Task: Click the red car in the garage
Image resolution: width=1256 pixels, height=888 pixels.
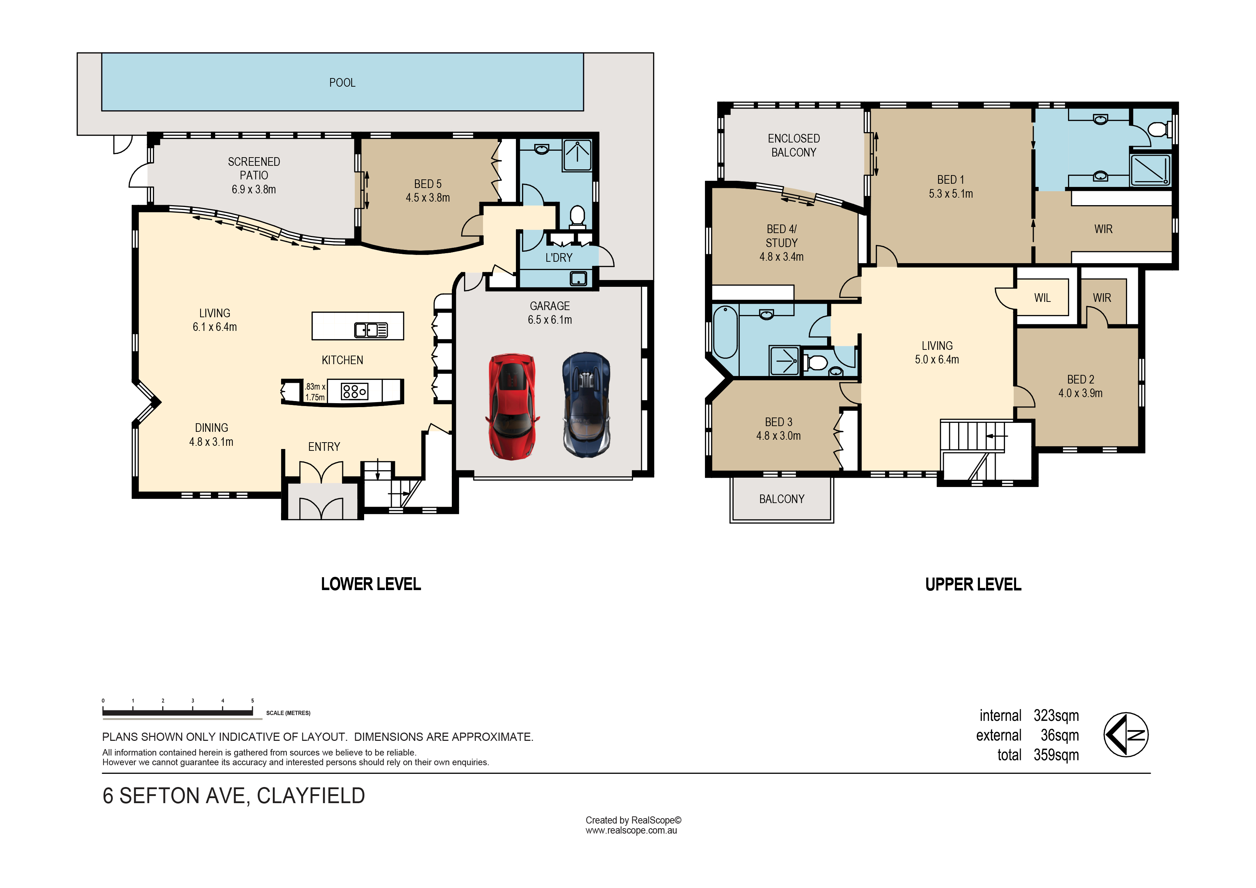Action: [512, 406]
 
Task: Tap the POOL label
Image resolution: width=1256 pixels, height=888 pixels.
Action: [342, 83]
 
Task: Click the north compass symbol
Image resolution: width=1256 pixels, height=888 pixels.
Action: [1126, 735]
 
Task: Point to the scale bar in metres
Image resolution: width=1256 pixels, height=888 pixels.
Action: [178, 712]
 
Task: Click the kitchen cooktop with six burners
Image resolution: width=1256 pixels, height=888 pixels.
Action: [354, 391]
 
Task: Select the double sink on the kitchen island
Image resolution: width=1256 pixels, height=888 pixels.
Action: [371, 330]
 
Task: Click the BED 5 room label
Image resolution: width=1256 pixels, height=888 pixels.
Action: [428, 184]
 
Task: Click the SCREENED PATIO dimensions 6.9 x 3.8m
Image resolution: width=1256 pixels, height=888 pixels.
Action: [254, 189]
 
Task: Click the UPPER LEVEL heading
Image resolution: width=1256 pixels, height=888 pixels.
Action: [973, 584]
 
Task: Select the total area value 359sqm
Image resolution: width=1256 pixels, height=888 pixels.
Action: [1056, 755]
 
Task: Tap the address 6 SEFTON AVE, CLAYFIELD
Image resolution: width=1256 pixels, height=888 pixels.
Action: [233, 796]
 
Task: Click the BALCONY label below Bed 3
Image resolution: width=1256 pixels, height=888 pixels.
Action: [782, 499]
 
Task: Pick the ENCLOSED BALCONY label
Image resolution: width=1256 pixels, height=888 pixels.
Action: [794, 145]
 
